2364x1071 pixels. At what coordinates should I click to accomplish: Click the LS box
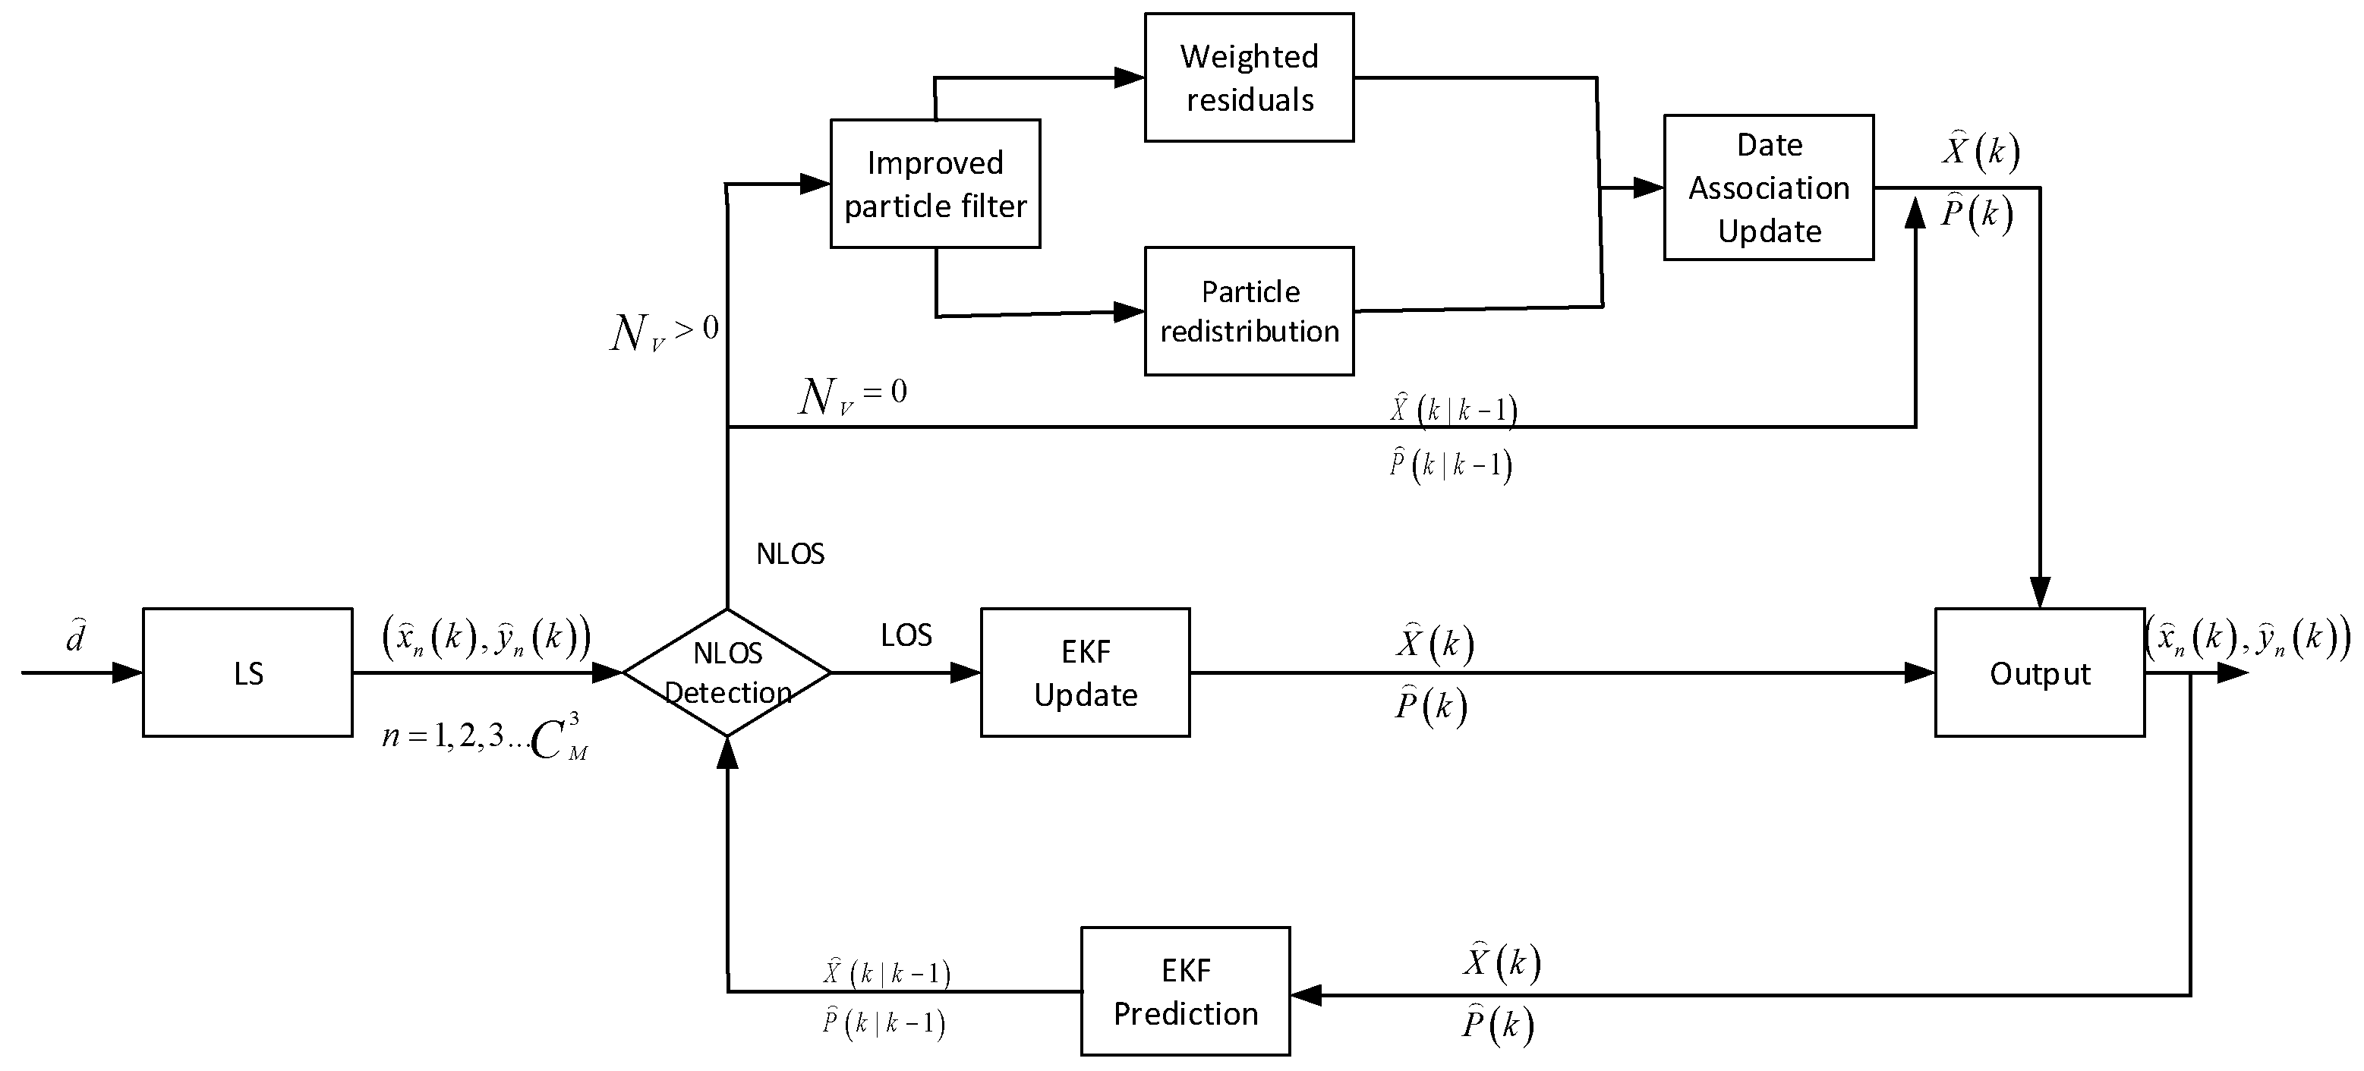click(x=247, y=673)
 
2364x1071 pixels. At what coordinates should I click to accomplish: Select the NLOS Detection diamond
click(x=727, y=673)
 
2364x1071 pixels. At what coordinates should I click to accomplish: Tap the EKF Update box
click(x=1085, y=673)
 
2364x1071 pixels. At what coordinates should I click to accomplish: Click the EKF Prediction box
click(x=1185, y=991)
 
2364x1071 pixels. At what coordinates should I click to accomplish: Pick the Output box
click(x=2039, y=673)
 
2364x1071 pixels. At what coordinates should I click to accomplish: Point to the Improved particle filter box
click(x=935, y=184)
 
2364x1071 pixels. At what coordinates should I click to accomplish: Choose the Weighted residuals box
click(x=1249, y=77)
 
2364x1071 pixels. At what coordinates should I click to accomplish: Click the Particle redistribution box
click(x=1249, y=311)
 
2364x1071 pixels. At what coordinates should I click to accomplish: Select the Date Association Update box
click(x=1768, y=187)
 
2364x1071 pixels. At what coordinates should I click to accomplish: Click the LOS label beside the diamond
click(x=906, y=635)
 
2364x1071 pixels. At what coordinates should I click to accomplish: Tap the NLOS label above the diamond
click(x=790, y=554)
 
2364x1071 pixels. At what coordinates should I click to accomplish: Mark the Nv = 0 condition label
click(x=853, y=396)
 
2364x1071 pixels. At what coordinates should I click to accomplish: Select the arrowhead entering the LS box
click(x=128, y=673)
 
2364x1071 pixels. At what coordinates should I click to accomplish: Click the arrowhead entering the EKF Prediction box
click(x=1306, y=995)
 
